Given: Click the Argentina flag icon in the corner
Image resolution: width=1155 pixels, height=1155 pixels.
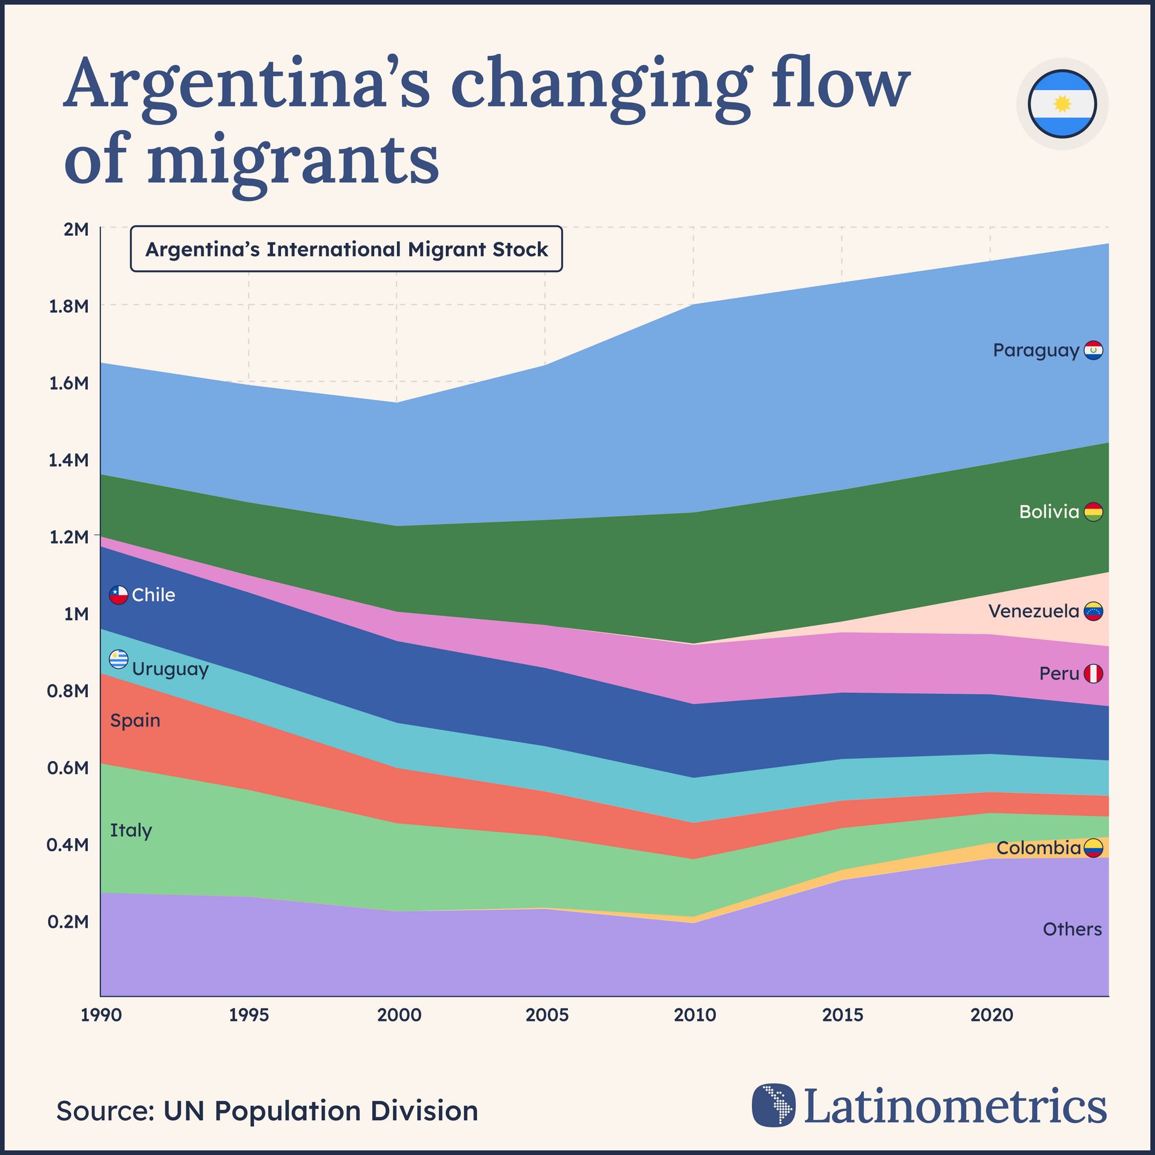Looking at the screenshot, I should [1062, 104].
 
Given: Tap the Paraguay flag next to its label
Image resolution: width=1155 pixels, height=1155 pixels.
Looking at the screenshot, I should [1093, 350].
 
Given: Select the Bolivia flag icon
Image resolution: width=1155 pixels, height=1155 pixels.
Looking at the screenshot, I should [1093, 512].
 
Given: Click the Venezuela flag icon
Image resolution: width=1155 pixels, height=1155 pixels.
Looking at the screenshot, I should [1093, 611].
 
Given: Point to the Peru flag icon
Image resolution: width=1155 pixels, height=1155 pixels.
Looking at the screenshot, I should [1093, 674].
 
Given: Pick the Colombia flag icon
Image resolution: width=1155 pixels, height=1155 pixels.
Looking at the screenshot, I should [1093, 848].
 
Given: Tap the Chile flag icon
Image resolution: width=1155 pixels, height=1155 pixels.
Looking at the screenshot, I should [119, 595].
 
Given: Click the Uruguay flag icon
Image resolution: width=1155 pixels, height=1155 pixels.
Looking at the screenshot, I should [119, 660].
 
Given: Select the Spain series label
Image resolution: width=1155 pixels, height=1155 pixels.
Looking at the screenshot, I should [135, 720].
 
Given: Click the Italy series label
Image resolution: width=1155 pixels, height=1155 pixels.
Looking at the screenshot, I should [131, 830].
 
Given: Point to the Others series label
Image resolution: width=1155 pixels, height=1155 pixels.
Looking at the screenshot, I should [1072, 929].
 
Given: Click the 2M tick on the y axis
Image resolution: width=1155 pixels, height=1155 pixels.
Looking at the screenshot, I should [76, 229].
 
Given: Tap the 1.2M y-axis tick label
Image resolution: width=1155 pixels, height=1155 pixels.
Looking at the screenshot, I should [69, 537].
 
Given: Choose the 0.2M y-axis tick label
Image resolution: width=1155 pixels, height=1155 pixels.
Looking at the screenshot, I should [68, 922].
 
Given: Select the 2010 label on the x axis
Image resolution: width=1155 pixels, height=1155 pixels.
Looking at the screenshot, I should [695, 1015].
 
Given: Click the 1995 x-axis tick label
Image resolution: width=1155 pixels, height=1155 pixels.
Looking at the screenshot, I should [249, 1015].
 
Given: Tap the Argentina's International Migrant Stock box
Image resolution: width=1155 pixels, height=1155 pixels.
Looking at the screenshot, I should [346, 249].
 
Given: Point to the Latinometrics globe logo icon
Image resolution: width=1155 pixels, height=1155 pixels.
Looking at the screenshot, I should [774, 1105].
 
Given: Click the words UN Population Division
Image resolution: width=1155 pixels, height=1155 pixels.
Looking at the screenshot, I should [321, 1111].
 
